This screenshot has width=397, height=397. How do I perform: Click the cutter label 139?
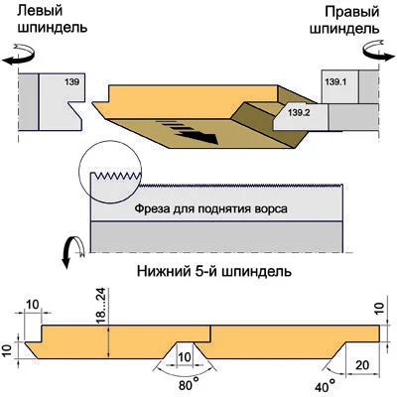[71, 81]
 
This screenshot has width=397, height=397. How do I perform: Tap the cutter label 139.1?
[335, 81]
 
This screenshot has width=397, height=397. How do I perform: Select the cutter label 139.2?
[299, 112]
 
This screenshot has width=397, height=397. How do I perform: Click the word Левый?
[40, 11]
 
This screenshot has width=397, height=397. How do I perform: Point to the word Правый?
[352, 13]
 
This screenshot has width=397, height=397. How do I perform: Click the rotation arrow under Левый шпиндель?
[19, 55]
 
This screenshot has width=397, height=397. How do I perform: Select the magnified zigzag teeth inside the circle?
[117, 176]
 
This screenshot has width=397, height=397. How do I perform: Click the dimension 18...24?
[101, 306]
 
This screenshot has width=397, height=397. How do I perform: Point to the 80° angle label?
[189, 385]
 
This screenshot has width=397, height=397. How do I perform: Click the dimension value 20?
[362, 365]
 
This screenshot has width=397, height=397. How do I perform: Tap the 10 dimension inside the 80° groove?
[185, 357]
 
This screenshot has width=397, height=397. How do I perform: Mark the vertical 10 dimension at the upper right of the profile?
[380, 308]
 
